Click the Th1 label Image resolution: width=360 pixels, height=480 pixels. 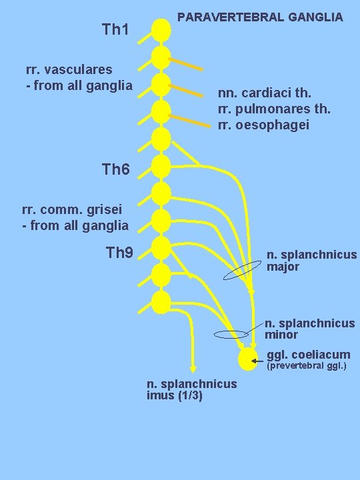(x=119, y=29)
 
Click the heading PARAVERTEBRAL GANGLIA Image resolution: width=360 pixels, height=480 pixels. (x=260, y=17)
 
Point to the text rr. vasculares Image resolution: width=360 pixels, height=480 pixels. (x=69, y=69)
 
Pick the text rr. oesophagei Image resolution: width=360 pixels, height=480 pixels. (x=263, y=124)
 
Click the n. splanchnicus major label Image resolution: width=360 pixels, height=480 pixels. (x=311, y=261)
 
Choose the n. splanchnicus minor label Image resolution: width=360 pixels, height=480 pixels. (x=309, y=329)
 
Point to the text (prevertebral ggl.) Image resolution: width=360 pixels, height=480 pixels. (x=306, y=366)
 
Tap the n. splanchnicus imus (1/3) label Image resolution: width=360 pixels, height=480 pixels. (x=191, y=389)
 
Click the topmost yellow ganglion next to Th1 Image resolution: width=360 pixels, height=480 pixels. (x=161, y=29)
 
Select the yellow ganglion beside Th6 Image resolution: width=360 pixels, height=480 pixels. (x=161, y=166)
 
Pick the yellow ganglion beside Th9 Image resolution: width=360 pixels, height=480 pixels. (x=161, y=248)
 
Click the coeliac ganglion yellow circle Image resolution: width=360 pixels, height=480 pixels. (x=247, y=359)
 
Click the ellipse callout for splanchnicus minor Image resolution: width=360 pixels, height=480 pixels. (x=230, y=335)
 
